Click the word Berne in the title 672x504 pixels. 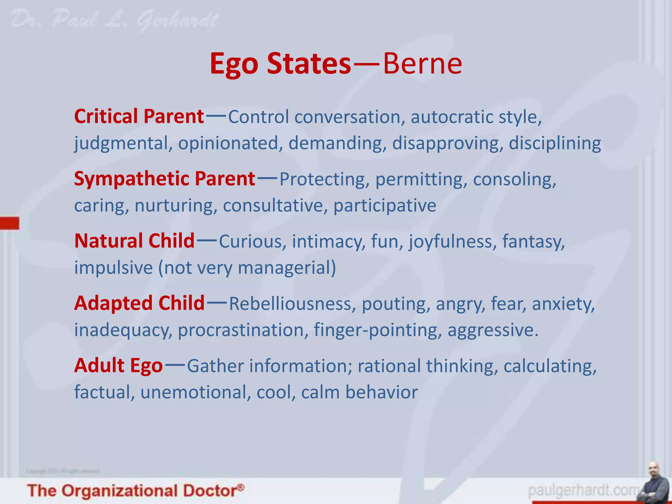click(423, 63)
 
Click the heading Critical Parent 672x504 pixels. click(139, 116)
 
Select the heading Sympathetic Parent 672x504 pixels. click(164, 179)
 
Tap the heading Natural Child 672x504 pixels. click(135, 241)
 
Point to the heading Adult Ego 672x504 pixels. click(118, 365)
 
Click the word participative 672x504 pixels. click(385, 206)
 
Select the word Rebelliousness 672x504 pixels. click(292, 304)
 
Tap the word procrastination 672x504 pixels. click(243, 330)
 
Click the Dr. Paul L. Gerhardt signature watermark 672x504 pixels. click(115, 20)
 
